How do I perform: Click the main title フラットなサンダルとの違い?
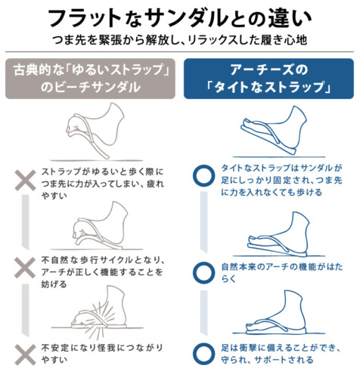click(180, 18)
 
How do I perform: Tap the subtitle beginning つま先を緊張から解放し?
click(180, 40)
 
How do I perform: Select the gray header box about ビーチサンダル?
click(90, 79)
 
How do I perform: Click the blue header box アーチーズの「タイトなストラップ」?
click(268, 79)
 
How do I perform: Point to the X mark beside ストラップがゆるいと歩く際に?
click(25, 181)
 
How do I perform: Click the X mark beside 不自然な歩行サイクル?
click(25, 268)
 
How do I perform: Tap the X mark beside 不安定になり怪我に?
click(25, 355)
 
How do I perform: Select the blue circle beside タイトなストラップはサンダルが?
click(203, 176)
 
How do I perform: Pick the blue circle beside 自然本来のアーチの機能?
click(203, 273)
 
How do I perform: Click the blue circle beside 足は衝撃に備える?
click(203, 354)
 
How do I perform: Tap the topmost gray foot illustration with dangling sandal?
click(96, 131)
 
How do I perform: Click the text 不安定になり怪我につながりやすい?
click(102, 354)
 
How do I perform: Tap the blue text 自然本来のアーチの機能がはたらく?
click(282, 273)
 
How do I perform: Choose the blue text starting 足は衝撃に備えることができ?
click(281, 354)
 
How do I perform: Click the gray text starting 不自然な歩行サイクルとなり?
click(103, 272)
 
